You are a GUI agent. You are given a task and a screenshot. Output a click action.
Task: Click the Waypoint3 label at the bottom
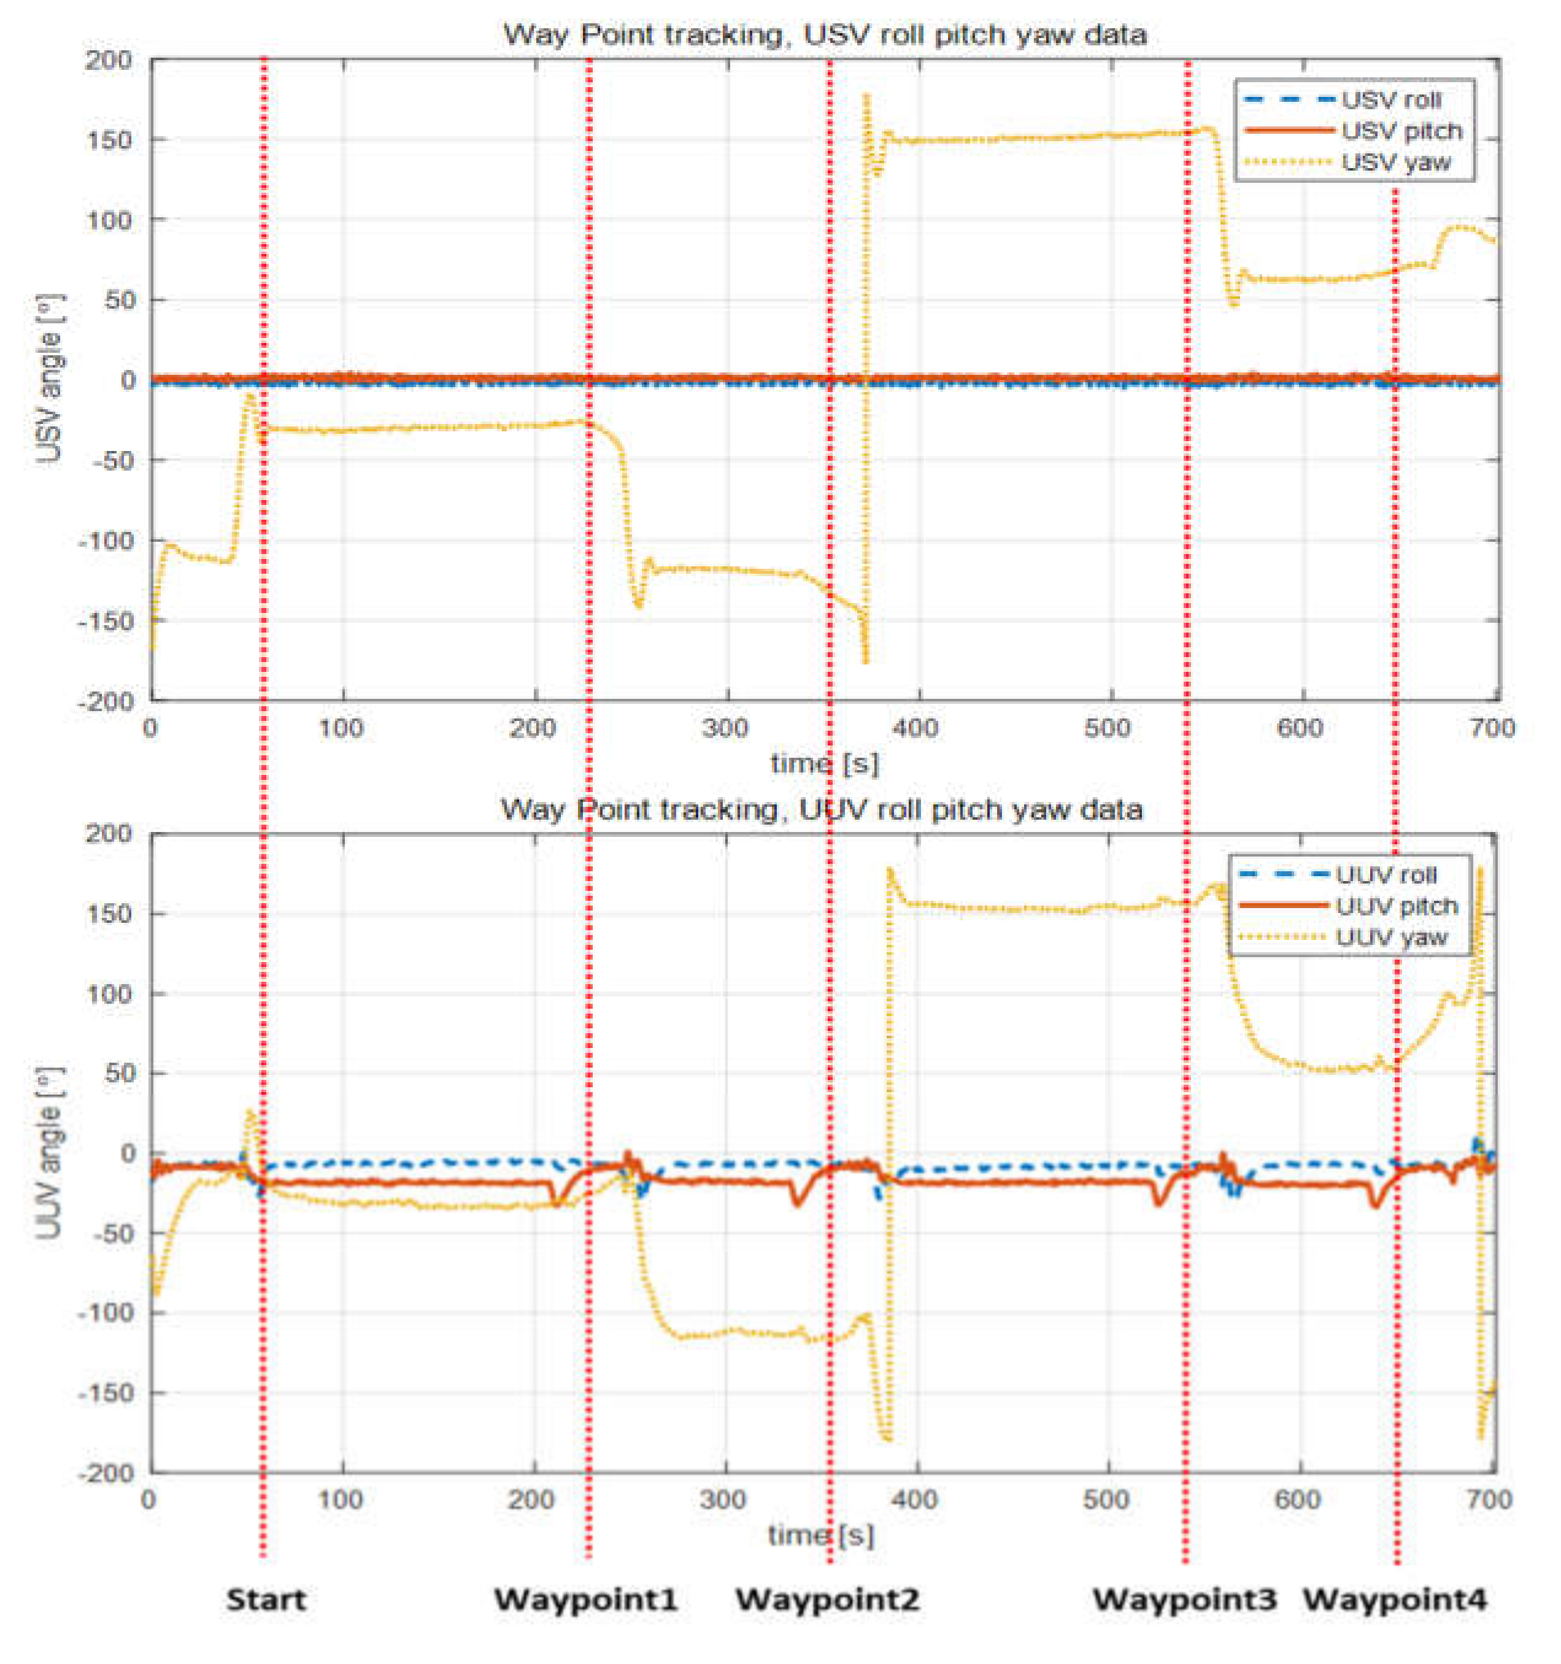click(1184, 1600)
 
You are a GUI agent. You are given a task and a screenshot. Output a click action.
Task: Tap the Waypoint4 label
click(1395, 1600)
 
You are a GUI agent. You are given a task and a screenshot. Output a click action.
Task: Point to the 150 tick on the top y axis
click(109, 140)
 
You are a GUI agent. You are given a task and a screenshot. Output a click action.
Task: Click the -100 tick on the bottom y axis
click(106, 1312)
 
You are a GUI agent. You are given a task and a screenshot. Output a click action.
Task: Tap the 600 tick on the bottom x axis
click(1297, 1498)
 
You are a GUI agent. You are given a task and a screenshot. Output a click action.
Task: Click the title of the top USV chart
click(825, 34)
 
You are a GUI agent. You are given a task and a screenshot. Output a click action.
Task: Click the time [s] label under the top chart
click(825, 763)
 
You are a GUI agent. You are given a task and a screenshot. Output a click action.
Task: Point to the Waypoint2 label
click(827, 1600)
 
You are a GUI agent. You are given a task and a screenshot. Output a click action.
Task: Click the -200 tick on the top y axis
click(106, 701)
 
